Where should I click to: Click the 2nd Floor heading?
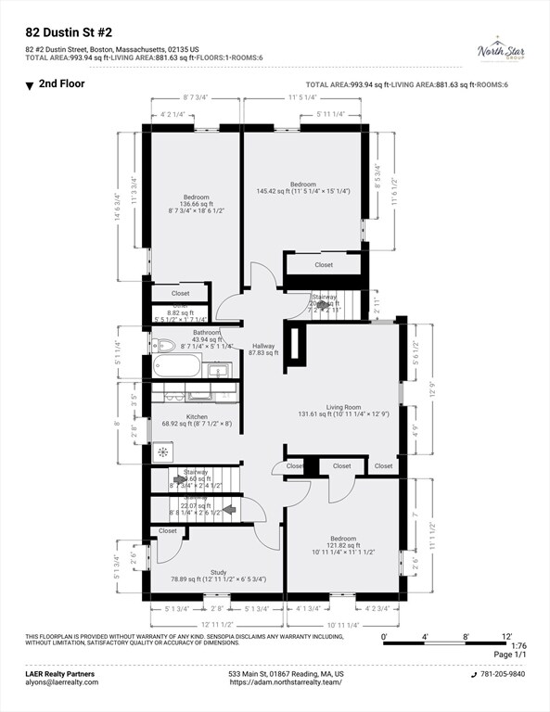pyautogui.click(x=62, y=83)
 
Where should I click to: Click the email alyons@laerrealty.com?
pyautogui.click(x=62, y=682)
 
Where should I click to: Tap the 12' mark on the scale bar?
pyautogui.click(x=507, y=637)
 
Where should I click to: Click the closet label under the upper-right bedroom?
pyautogui.click(x=323, y=264)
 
